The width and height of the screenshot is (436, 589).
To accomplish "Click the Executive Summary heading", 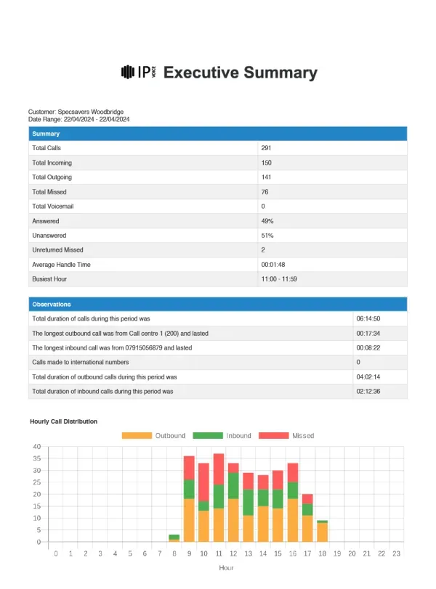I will tap(241, 73).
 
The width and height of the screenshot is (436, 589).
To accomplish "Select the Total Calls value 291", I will tap(266, 148).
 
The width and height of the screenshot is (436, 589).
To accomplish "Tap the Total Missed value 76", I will tap(265, 191).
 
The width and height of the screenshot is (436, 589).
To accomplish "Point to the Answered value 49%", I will tap(267, 221).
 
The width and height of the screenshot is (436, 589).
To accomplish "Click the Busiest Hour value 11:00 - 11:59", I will tap(278, 279).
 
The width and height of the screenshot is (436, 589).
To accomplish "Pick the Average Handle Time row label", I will tap(61, 264).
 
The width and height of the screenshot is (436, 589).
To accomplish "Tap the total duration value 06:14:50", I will tap(368, 319).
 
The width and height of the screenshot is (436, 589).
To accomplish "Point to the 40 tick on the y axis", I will tap(36, 447).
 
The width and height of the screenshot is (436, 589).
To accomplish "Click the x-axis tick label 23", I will tap(396, 553).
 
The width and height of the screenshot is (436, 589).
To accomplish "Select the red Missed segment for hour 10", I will tap(204, 482).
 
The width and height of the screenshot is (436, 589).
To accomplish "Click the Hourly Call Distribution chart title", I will tap(64, 421).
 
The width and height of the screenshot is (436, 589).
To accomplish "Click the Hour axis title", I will tap(226, 569).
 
